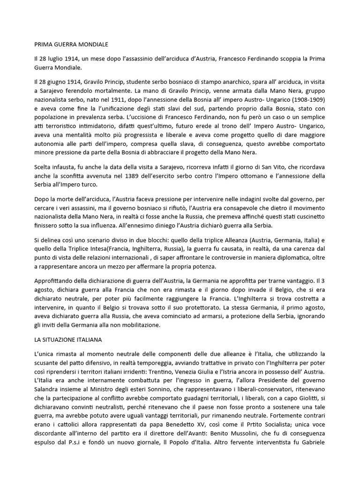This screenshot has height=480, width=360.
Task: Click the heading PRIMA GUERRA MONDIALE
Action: (72, 45)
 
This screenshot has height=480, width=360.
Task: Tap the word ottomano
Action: (265, 176)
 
